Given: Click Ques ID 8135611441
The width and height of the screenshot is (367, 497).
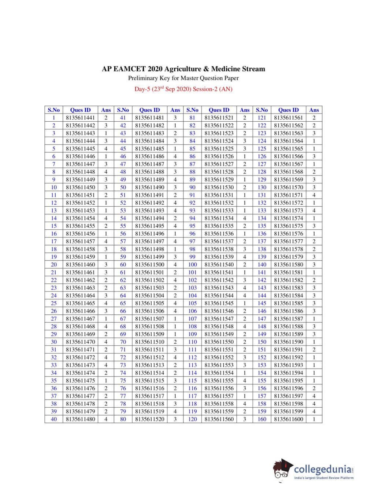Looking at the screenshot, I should [80, 118].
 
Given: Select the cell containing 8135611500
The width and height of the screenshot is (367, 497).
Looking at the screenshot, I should [149, 264].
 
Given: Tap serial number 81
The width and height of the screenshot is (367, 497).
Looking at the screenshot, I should [192, 118].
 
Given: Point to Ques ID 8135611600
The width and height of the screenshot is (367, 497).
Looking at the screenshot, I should [288, 419].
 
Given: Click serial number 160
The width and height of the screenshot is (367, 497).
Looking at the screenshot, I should [262, 419].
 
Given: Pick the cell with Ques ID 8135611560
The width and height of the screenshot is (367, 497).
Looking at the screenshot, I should [219, 419].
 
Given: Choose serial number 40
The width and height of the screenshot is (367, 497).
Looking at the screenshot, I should [54, 419].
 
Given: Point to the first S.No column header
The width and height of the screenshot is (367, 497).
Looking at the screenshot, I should [54, 110].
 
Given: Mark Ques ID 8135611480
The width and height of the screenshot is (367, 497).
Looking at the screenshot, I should [80, 419].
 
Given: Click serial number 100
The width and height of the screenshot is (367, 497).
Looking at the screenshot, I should [192, 264].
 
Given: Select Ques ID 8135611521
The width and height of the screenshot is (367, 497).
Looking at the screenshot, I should [219, 118].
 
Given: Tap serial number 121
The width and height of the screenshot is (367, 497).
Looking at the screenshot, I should [262, 118].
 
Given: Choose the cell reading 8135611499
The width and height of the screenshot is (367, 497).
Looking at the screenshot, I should [149, 257].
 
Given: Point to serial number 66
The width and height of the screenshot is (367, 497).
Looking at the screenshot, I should [123, 311].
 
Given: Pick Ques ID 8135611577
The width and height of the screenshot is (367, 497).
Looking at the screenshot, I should [288, 241].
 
